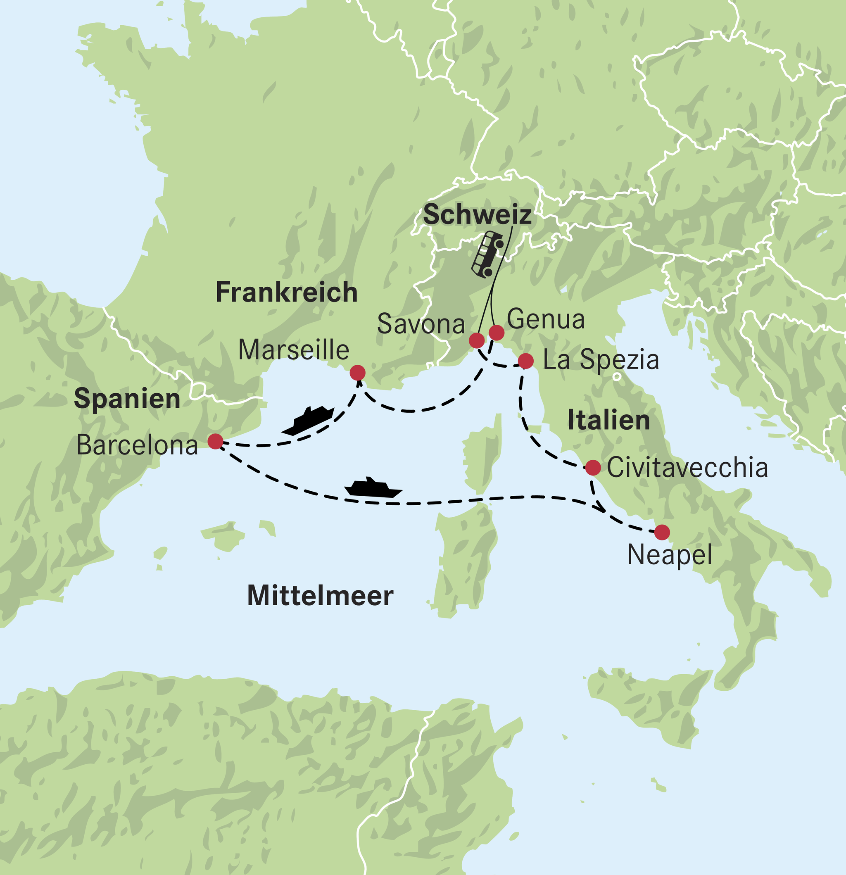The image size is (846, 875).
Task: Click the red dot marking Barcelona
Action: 216,441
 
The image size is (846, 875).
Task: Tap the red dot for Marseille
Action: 358,372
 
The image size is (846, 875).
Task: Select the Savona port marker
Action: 477,341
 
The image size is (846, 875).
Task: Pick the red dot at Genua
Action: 497,332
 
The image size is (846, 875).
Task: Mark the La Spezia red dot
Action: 525,361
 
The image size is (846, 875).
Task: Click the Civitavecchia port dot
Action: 593,467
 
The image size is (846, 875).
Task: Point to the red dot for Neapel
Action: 662,532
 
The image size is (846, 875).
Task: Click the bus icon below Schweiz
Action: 487,254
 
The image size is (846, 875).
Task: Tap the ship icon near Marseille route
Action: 308,421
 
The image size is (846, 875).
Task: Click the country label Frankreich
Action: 287,293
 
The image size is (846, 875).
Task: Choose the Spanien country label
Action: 127,398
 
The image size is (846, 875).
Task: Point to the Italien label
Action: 608,421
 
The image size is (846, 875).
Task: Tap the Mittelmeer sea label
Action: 320,596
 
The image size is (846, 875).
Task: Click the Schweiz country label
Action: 477,215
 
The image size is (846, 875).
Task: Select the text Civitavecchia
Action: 687,468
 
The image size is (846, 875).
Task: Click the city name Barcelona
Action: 137,445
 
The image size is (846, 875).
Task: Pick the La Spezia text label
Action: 601,360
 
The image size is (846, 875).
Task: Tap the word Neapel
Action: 669,555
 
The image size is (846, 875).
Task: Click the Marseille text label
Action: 293,350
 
